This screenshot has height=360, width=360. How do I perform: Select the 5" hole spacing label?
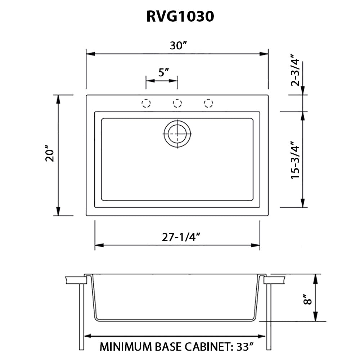pyautogui.click(x=164, y=72)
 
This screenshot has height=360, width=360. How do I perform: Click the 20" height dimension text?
pyautogui.click(x=49, y=154)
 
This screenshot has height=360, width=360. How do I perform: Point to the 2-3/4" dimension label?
pyautogui.click(x=296, y=71)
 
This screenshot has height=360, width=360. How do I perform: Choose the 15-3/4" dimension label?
pyautogui.click(x=296, y=160)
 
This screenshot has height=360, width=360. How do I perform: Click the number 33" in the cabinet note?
pyautogui.click(x=244, y=347)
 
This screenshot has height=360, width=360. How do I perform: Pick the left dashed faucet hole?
pyautogui.click(x=146, y=103)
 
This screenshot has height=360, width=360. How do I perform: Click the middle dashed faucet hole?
pyautogui.click(x=177, y=103)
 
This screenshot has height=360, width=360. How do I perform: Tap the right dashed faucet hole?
pyautogui.click(x=208, y=103)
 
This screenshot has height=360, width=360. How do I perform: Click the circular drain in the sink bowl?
pyautogui.click(x=177, y=133)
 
